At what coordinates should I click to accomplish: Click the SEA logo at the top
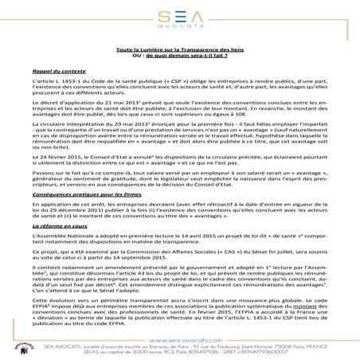[181, 14]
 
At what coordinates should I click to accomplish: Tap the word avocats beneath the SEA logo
[181, 26]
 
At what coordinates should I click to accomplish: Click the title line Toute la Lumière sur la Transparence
[180, 49]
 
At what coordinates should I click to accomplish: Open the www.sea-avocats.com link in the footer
[180, 338]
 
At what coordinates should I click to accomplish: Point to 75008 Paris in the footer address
[283, 345]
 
